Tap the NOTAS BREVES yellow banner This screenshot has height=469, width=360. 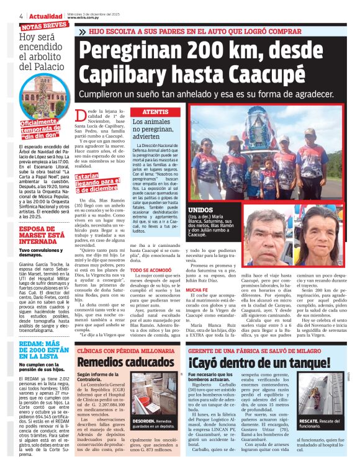(44, 25)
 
